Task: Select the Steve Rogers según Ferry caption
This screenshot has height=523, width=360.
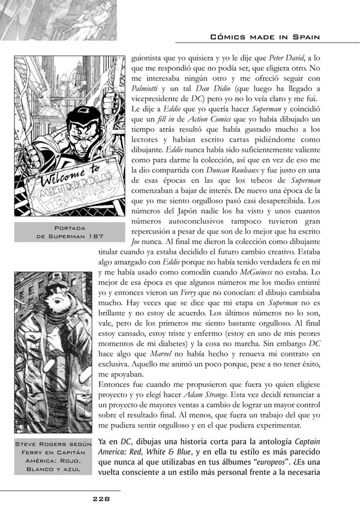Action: [x=55, y=456]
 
